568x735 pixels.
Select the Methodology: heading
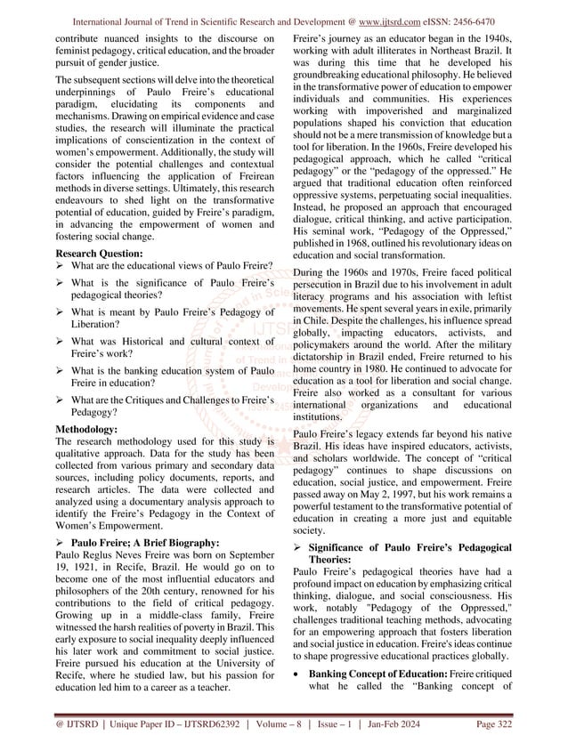pos(86,428)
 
